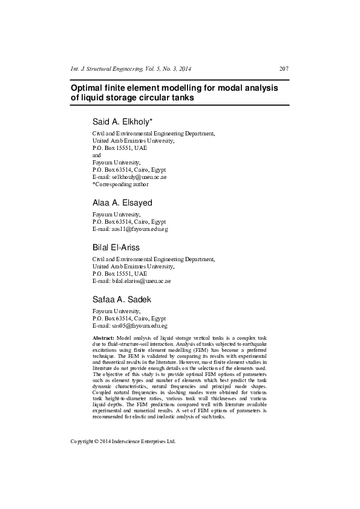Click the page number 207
pos(284,68)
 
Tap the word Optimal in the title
pos(89,88)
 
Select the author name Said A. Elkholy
pos(122,122)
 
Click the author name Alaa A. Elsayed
pos(122,203)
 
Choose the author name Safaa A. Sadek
pos(122,300)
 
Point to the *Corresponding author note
pos(120,184)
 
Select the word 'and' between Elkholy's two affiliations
pos(97,155)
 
